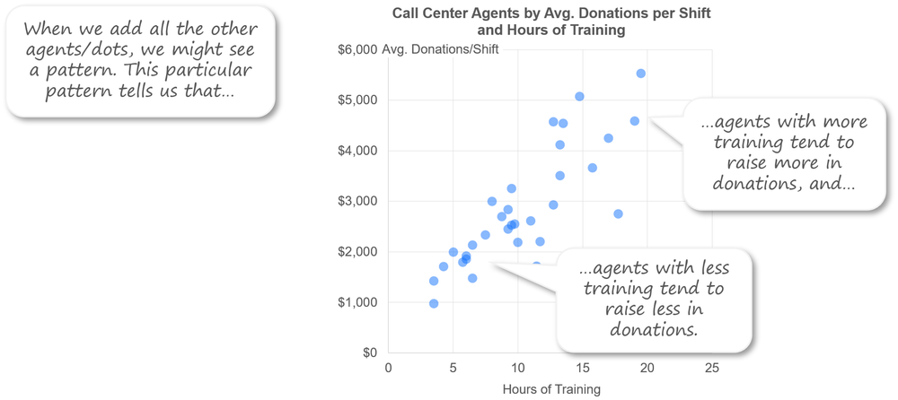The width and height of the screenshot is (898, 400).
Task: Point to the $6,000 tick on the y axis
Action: tap(356, 49)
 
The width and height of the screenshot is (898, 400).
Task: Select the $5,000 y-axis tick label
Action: tap(356, 100)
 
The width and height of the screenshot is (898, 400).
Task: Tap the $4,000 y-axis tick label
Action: tap(356, 151)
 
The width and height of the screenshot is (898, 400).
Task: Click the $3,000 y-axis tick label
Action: tap(356, 201)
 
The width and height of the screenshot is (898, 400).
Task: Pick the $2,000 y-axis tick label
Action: tap(356, 252)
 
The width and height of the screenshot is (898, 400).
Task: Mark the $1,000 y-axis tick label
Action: tap(356, 302)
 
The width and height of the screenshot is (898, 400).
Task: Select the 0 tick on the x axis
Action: tap(389, 368)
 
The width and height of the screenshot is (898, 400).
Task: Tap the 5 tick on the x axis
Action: tap(453, 368)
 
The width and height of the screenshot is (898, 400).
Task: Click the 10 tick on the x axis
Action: tap(518, 368)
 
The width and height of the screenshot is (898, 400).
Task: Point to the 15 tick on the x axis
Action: tap(583, 368)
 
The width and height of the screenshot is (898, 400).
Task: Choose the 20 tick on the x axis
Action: tap(647, 368)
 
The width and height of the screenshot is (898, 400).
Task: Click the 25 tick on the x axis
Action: tap(712, 368)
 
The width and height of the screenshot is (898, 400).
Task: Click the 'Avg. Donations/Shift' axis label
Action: tap(440, 49)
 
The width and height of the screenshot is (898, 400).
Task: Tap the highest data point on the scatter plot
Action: tap(640, 74)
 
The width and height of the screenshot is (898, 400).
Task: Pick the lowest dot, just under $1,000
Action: tap(434, 303)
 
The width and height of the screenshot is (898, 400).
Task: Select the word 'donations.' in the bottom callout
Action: tap(653, 329)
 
